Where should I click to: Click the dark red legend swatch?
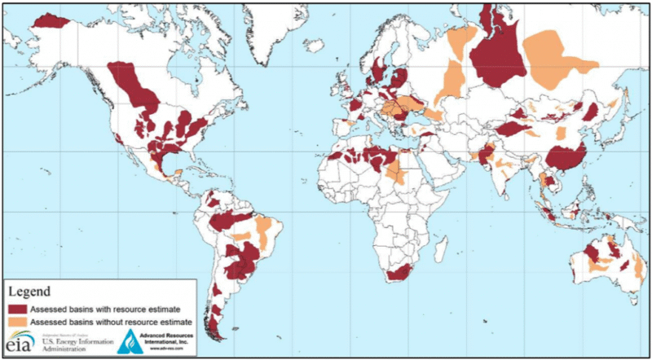(x=17, y=309)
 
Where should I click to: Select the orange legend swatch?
(x=17, y=322)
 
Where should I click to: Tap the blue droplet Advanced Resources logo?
(x=129, y=343)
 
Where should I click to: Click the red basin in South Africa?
(x=400, y=274)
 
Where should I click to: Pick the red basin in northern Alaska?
(x=51, y=21)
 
